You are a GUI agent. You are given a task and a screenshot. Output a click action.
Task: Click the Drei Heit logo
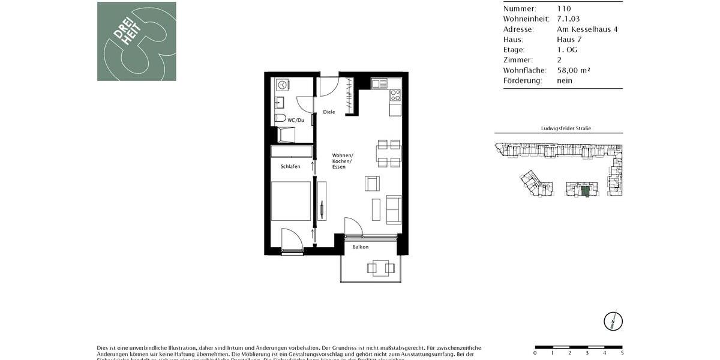coord(137,41)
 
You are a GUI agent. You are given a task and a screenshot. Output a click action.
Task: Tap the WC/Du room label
coord(296,121)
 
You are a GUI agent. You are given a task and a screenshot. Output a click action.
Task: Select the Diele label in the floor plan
coord(329,112)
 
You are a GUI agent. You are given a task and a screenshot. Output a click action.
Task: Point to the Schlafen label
coord(290,166)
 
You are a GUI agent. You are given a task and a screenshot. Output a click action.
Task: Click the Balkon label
coord(360,247)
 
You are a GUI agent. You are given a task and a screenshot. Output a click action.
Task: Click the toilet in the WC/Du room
coord(280,118)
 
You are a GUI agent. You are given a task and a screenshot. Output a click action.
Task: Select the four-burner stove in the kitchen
coord(395,94)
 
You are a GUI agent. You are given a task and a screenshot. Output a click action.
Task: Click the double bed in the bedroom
coord(291,201)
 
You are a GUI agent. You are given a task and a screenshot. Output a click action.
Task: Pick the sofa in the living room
coord(394,209)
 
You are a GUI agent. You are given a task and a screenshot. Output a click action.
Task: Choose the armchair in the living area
coord(372,184)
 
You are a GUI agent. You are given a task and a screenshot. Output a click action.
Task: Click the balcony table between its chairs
coord(380,268)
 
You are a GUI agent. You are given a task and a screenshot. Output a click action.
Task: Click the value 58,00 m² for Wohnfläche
coord(573,70)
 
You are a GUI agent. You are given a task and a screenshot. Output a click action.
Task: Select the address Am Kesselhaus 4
coord(587,29)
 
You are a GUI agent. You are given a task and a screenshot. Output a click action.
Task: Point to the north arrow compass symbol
coord(613,321)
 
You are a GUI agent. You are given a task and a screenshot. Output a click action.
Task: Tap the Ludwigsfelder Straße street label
coord(566,128)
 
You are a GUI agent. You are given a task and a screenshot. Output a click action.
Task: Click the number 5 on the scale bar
coord(622,353)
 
